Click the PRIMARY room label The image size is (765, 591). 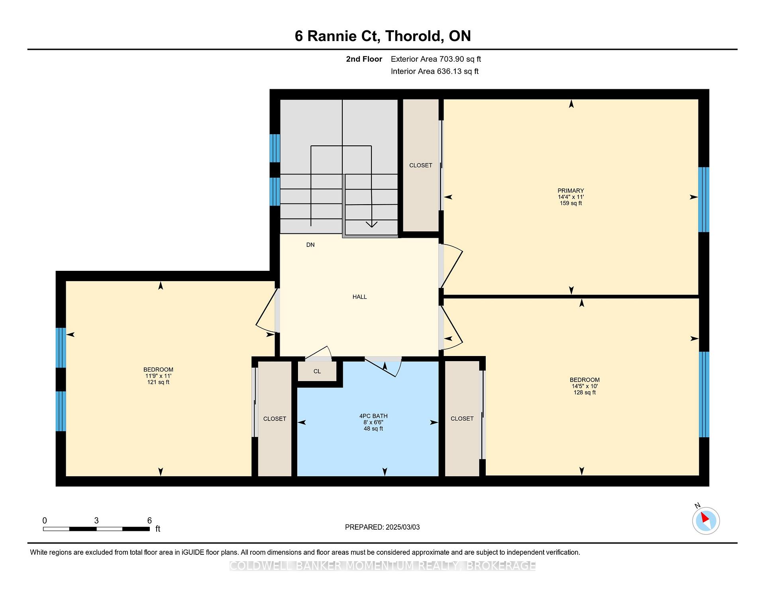click(x=571, y=190)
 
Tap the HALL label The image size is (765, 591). click(x=359, y=297)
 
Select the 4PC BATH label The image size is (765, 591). click(x=373, y=416)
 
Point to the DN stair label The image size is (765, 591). click(x=310, y=245)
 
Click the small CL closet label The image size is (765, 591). click(x=317, y=371)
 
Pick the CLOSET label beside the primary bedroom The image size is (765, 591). click(x=421, y=165)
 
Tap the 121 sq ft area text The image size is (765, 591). click(x=158, y=382)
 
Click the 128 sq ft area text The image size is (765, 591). click(x=585, y=392)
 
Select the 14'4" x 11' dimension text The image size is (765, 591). click(x=571, y=197)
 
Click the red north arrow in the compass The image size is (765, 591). click(x=704, y=517)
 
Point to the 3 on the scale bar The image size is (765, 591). click(x=96, y=521)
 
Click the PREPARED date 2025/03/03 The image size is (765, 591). click(x=402, y=527)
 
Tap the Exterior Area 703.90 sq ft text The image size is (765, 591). click(x=436, y=59)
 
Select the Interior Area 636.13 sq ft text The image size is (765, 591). click(x=435, y=71)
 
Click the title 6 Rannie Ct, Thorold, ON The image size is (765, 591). click(x=383, y=36)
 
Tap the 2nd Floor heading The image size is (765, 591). click(x=364, y=59)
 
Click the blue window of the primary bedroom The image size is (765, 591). click(x=704, y=200)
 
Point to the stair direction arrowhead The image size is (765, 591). click(x=371, y=224)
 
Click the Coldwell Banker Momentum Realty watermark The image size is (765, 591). click(x=382, y=566)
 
